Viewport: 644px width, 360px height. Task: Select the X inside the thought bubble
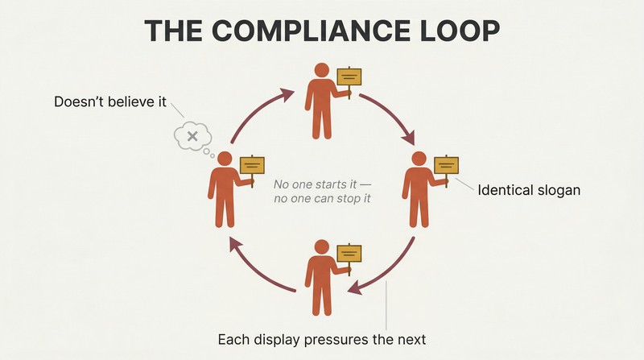coord(192,136)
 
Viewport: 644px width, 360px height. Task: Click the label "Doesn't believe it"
coord(110,101)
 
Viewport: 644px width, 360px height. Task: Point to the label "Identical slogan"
coord(529,190)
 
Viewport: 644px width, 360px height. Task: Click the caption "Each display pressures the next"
coord(321,340)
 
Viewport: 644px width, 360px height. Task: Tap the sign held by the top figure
coord(349,77)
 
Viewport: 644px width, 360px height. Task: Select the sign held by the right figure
coord(447,166)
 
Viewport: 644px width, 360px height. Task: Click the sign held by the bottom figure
coord(349,254)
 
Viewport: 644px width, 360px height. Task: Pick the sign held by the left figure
coord(252,166)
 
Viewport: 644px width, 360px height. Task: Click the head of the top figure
coord(321,70)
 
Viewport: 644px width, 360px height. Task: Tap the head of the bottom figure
coord(321,247)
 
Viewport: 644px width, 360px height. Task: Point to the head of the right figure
coord(419,159)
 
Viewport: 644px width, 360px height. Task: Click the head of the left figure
coord(225,159)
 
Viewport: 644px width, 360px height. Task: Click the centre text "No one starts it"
coord(316,184)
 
